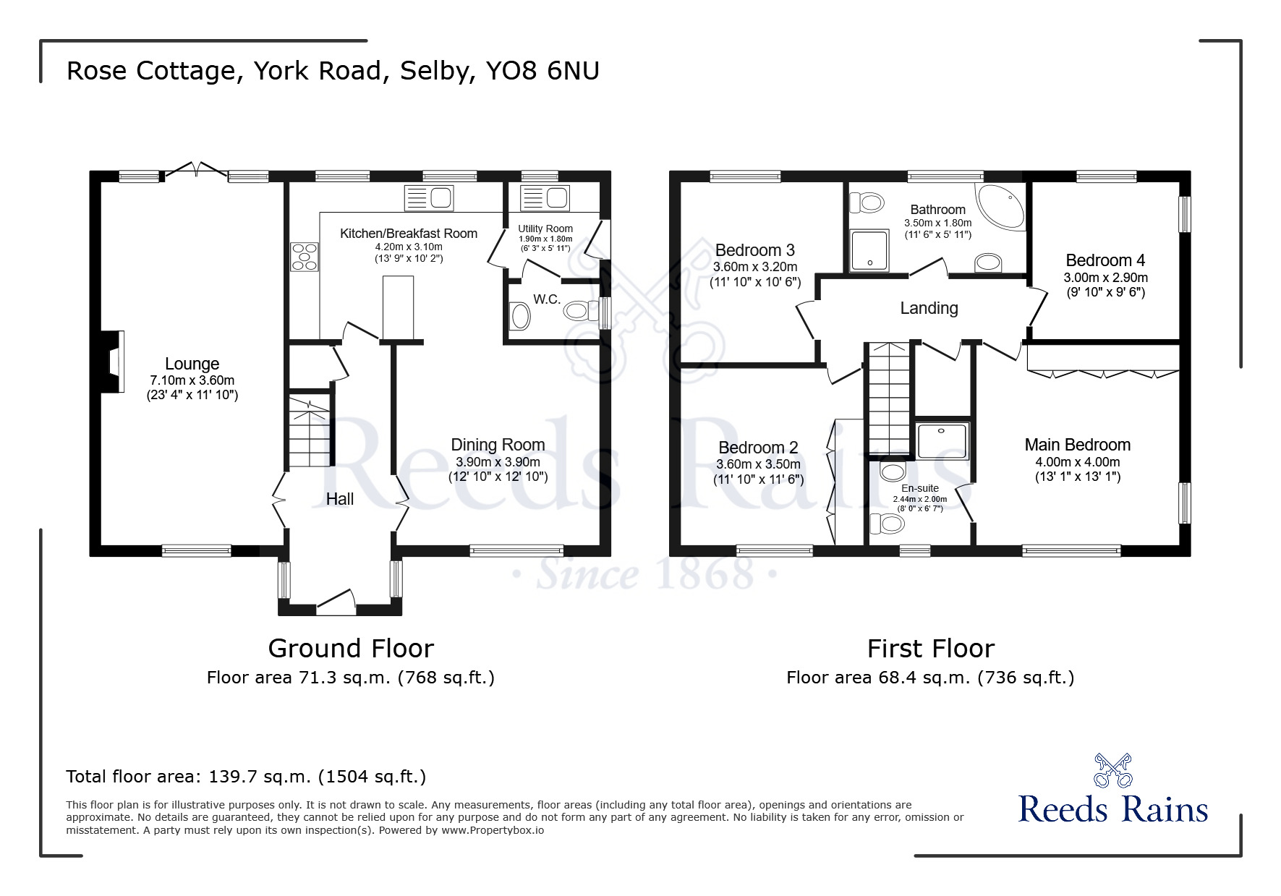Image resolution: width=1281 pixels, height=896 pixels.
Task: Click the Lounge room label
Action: point(192,364)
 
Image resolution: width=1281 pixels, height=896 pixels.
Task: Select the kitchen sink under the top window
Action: point(428,197)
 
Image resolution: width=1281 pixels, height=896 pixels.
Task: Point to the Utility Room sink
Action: point(545,197)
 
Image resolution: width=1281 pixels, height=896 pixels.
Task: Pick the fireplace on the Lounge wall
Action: point(113,362)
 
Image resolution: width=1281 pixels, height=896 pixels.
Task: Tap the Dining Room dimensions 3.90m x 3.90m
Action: point(498,462)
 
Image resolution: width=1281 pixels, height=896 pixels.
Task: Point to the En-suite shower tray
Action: point(942,441)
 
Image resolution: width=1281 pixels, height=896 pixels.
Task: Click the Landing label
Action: point(929,308)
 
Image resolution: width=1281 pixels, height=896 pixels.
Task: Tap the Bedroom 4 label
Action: point(1105,260)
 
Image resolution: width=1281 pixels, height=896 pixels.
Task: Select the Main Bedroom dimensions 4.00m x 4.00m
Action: point(1077,462)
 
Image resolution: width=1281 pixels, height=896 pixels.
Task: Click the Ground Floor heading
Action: point(351,648)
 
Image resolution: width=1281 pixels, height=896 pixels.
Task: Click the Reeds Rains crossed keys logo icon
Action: point(1112,770)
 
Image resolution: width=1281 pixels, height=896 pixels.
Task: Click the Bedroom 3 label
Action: point(754,250)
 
